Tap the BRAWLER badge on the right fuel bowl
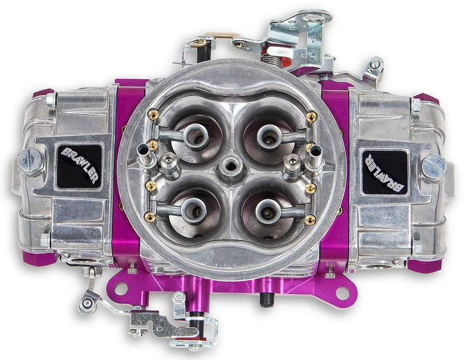click(x=384, y=170)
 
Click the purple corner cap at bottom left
click(x=42, y=258)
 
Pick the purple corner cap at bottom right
click(x=424, y=266)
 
